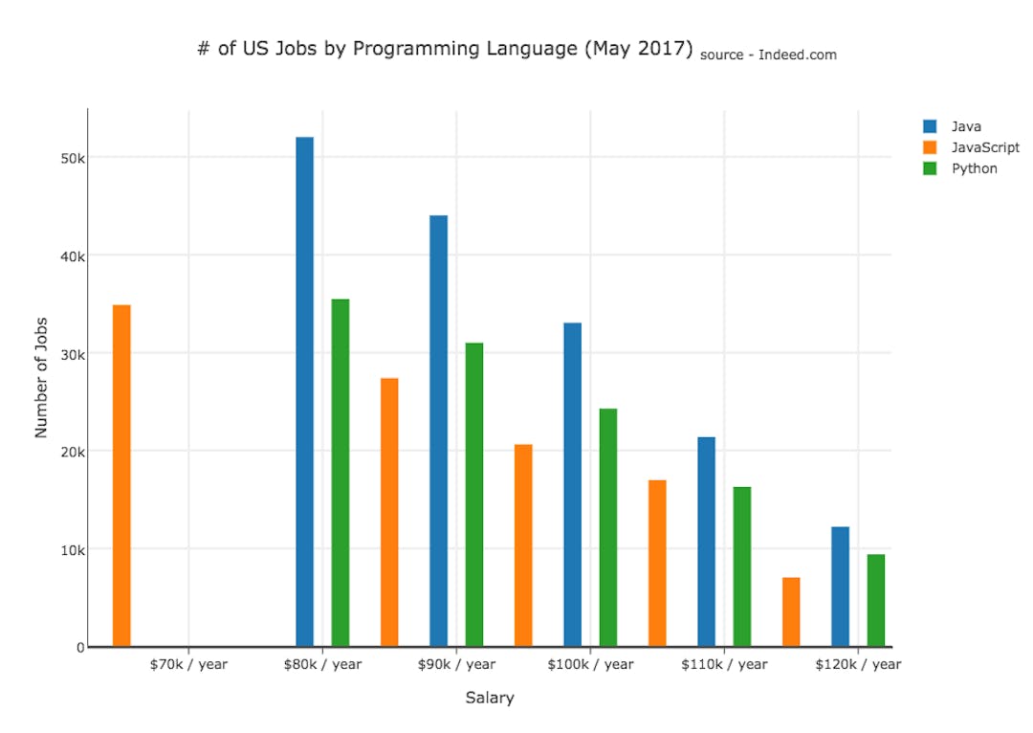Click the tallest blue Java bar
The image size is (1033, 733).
pos(304,391)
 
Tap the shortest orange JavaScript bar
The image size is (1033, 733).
pos(791,611)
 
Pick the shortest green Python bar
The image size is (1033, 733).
pos(875,600)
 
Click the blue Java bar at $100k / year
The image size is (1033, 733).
pos(572,484)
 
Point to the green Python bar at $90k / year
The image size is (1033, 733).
pos(474,494)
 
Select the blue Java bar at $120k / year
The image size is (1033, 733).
pos(840,586)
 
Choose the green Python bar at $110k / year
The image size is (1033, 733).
pos(742,566)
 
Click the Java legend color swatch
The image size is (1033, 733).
pos(930,126)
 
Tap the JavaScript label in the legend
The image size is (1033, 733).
pos(984,147)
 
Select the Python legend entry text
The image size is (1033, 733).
pos(974,168)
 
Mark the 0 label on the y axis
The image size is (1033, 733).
pos(80,648)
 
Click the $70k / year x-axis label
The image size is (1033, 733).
pos(188,664)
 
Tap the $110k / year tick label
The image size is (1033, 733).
pos(724,664)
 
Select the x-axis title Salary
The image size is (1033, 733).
pos(490,698)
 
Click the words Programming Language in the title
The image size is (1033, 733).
pos(463,49)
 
